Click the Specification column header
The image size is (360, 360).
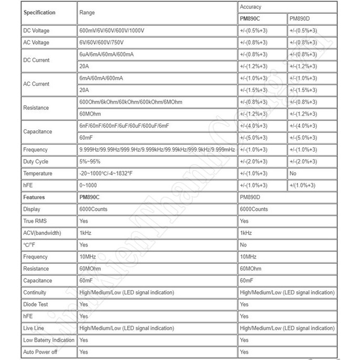coord(39,12)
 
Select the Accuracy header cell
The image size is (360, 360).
coord(250,7)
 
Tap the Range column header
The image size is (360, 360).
coord(87,12)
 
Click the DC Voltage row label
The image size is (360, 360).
coord(36,31)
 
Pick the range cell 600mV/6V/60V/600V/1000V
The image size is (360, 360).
coord(111,31)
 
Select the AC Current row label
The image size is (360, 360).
coord(36,84)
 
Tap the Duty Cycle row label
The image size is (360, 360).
coord(36,162)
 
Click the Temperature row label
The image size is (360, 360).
coord(37,173)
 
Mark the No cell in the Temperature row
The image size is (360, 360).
coord(293,173)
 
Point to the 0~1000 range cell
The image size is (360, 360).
coord(88,186)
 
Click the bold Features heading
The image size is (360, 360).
coord(34,198)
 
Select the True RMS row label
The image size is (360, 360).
coord(35,221)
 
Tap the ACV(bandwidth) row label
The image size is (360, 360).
coord(42,233)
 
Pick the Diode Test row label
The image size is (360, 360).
coord(36,304)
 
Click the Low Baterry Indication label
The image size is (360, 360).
coord(49,340)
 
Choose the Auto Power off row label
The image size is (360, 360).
coord(40,352)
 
